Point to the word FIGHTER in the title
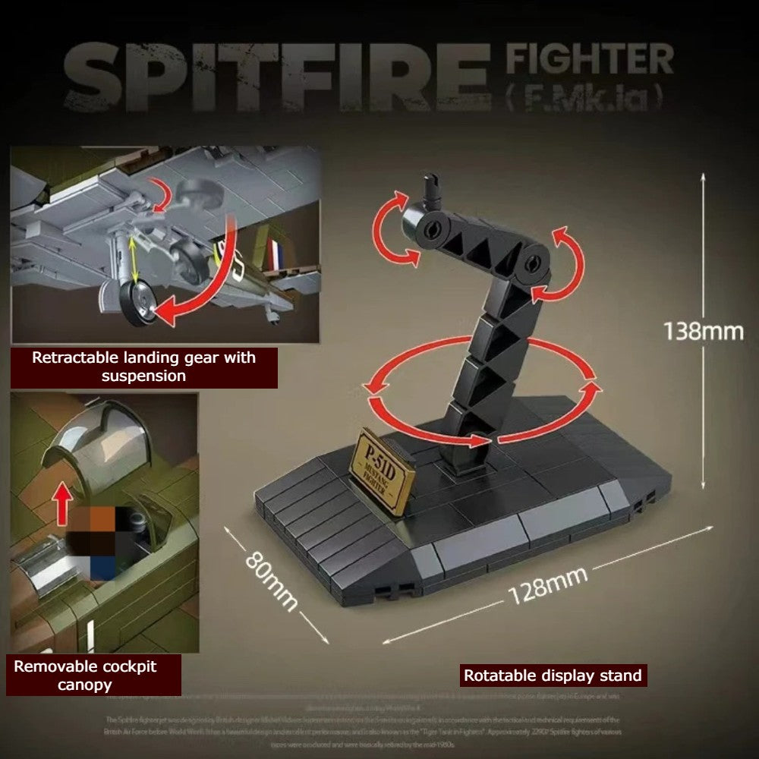point(590,60)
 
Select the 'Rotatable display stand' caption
point(553,675)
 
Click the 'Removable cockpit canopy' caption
point(96,675)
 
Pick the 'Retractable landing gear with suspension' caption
point(143,367)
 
